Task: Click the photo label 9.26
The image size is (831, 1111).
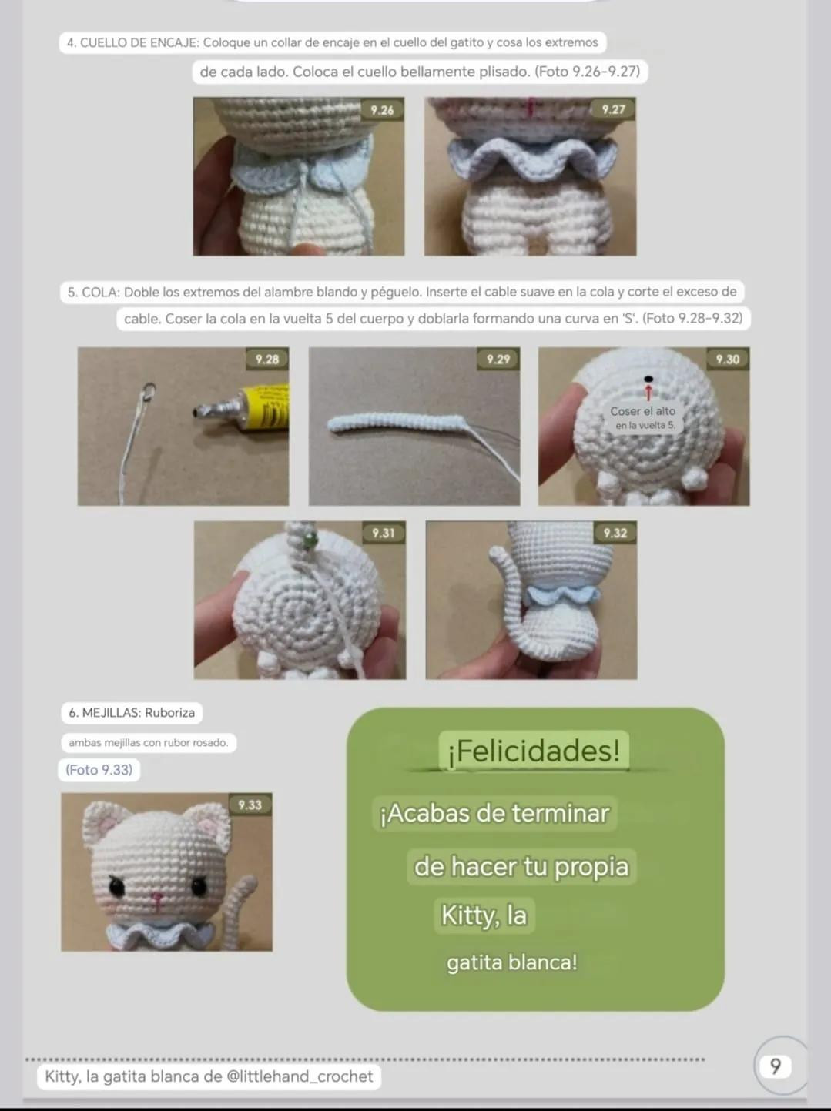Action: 382,110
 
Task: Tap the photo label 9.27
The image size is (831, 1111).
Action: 613,109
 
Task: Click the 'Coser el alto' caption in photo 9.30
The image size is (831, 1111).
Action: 642,411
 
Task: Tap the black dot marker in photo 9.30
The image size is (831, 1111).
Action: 648,379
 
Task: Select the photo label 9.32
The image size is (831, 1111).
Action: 615,533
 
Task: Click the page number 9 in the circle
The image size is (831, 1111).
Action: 776,1066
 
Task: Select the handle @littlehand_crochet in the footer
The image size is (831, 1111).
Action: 300,1076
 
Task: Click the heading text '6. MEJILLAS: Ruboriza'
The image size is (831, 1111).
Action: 132,713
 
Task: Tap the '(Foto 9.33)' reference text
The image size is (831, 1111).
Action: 99,770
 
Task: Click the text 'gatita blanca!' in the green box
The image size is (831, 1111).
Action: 511,962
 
